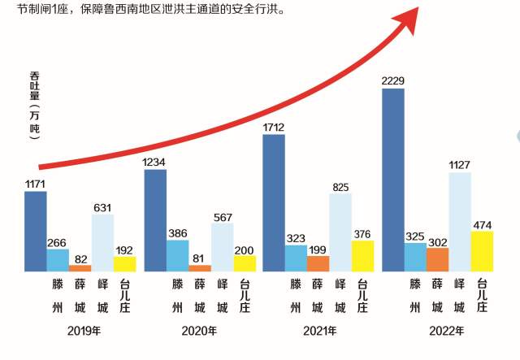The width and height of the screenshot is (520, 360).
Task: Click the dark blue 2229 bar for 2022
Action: pyautogui.click(x=393, y=179)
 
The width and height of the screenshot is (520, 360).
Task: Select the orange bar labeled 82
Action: pyautogui.click(x=80, y=267)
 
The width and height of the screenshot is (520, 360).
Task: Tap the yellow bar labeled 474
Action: pyautogui.click(x=482, y=250)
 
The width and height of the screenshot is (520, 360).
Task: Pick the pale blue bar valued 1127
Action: pyautogui.click(x=459, y=221)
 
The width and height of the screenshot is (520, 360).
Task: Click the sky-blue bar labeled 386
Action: pyautogui.click(x=177, y=255)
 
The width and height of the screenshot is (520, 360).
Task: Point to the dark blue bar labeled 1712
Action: pyautogui.click(x=274, y=202)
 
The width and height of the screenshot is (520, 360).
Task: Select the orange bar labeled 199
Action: pyautogui.click(x=318, y=263)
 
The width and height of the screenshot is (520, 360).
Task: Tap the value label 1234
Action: pyautogui.click(x=154, y=163)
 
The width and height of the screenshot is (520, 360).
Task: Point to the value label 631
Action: pyautogui.click(x=102, y=207)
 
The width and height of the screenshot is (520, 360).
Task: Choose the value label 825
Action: pyautogui.click(x=340, y=187)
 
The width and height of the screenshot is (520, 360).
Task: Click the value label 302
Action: pyautogui.click(x=437, y=241)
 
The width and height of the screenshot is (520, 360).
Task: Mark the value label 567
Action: pyautogui.click(x=222, y=216)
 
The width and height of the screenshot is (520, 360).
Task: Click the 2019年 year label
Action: pyautogui.click(x=85, y=331)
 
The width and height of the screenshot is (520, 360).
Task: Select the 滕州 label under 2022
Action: pyautogui.click(x=415, y=296)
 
